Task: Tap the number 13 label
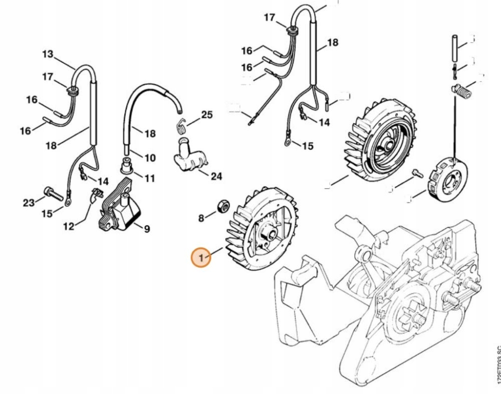[x=47, y=54]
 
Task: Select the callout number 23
[x=29, y=202]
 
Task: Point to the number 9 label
[x=147, y=229]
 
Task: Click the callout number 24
[x=216, y=176]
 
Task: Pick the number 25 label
[x=206, y=115]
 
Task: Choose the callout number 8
[x=201, y=218]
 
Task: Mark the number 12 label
[x=69, y=226]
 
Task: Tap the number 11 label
[x=149, y=178]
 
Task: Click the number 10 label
[x=150, y=158]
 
